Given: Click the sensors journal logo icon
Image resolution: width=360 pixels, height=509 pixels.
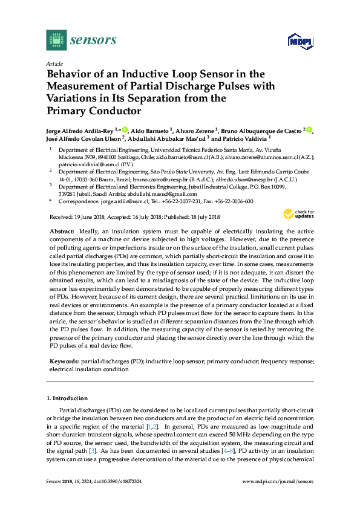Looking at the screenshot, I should [56, 41].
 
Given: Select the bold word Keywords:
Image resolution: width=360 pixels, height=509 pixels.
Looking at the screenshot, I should [64, 361].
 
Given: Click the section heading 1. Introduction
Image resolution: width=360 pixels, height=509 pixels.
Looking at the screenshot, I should [67, 398].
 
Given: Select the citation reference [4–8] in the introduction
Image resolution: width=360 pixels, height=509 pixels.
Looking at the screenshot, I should [228, 450].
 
